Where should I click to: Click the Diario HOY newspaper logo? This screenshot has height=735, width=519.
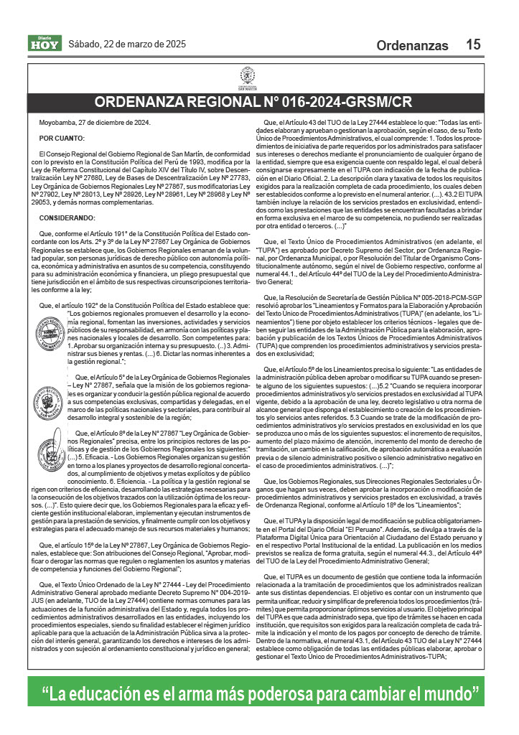45,44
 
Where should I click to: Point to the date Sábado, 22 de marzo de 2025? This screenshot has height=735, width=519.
127,45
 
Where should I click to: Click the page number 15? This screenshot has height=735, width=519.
473,45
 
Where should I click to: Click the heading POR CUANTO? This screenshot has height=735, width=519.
62,138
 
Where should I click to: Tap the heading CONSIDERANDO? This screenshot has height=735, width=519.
68,217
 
